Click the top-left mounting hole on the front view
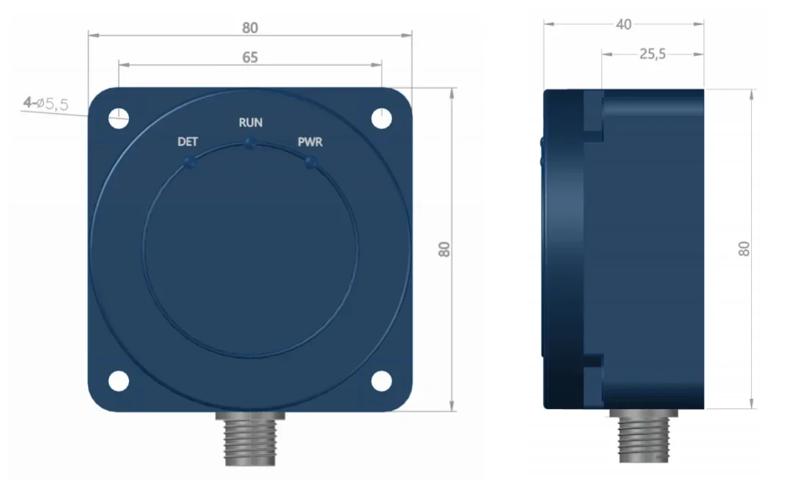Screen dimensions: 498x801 coord(119,117)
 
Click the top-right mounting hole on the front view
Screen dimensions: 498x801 coord(380,117)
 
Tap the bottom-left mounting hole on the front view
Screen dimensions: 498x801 coord(119,381)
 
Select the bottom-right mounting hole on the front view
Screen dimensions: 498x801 coord(380,381)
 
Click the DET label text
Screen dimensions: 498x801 coord(188,142)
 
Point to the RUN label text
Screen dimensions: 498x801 coord(251,122)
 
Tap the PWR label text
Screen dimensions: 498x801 coord(310,142)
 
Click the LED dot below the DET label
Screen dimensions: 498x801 coord(189,161)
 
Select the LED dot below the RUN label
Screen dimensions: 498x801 coord(251,143)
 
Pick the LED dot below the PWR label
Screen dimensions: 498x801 coord(311,161)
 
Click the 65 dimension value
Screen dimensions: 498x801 coord(250,57)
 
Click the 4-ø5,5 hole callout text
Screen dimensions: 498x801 coord(45,104)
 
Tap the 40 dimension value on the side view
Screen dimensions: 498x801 coord(624,24)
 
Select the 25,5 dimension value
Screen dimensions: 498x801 coord(652,54)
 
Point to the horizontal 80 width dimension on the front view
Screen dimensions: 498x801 coord(250,28)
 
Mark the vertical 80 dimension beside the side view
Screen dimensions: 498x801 coord(745,249)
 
